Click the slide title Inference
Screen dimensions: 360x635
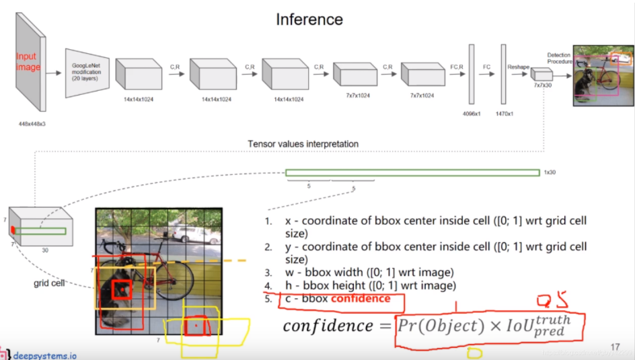(309, 20)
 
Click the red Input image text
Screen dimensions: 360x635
(28, 62)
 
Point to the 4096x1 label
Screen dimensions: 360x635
(472, 114)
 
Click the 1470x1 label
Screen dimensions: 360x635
(505, 114)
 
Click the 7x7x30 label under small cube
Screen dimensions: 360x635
(542, 86)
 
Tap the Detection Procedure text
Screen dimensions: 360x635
(560, 58)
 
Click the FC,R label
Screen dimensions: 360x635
(458, 67)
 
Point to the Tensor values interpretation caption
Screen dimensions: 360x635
(303, 144)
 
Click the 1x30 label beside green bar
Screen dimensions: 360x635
(550, 173)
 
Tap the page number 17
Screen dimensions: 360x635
(615, 347)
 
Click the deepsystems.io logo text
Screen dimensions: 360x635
(45, 355)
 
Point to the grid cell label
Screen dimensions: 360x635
(49, 283)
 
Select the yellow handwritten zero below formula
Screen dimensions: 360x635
(474, 353)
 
